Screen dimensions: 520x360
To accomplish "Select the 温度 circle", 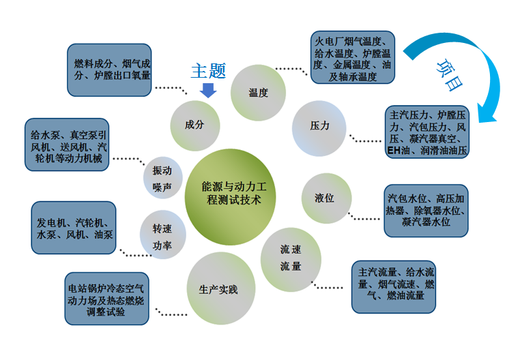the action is point(258,93).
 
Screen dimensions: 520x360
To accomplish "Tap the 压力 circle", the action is point(319,125).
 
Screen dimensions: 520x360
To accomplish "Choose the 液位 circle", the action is point(325,198).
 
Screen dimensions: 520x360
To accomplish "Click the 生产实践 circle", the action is point(218,289).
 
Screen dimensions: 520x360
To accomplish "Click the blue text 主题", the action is point(208,71).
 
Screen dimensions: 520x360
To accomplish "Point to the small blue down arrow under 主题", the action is point(209,89).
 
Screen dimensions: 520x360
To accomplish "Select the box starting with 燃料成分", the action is point(112,70).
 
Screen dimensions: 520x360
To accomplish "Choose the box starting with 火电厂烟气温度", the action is point(353,57).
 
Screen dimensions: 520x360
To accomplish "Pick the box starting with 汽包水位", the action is point(427,210).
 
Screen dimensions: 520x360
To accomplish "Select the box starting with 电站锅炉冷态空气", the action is point(105,299).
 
